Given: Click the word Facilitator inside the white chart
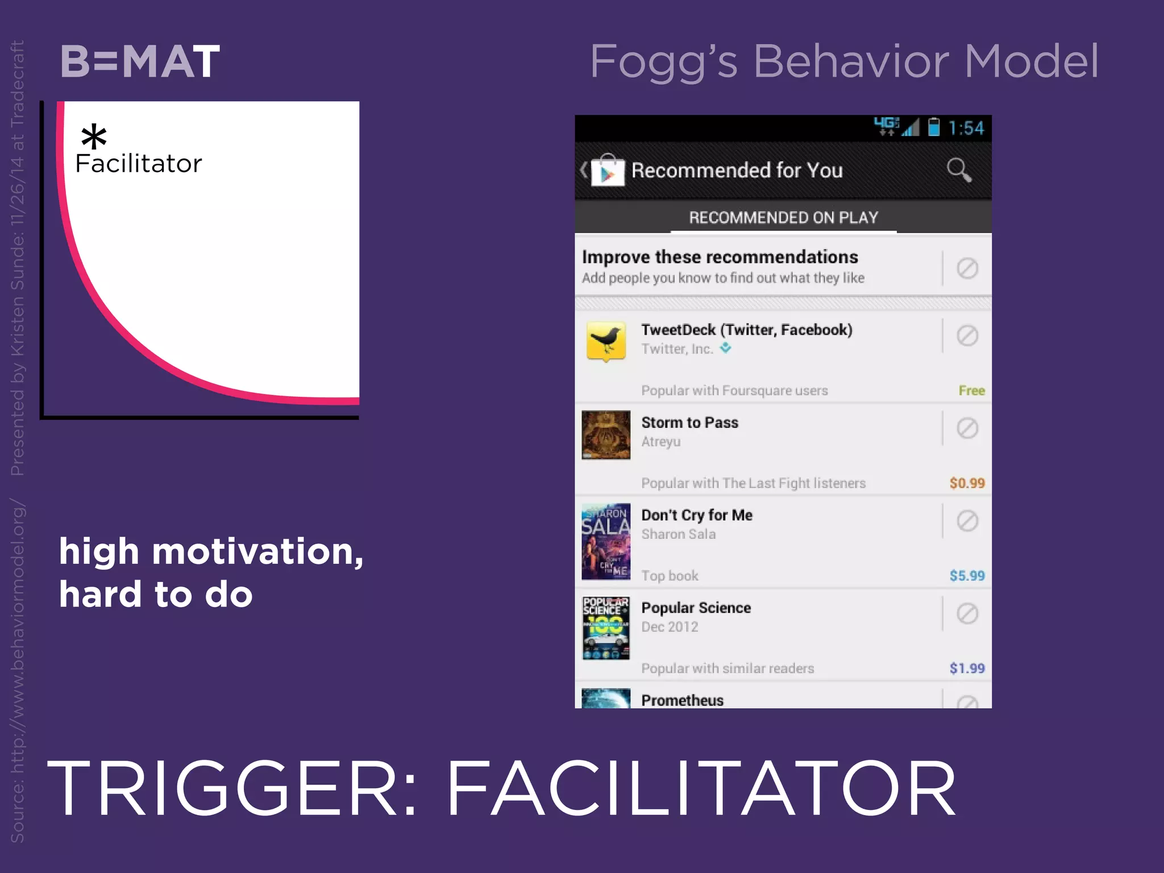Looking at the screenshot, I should click(139, 164).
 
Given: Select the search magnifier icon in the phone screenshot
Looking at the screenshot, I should click(959, 169).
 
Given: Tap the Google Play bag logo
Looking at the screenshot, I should click(607, 171).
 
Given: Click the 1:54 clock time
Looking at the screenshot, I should click(966, 128).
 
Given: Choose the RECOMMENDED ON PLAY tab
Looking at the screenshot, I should click(783, 218).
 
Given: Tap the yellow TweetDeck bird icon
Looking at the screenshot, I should click(606, 340).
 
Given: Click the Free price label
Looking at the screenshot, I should click(971, 390).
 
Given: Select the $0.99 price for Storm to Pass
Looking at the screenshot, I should click(967, 483).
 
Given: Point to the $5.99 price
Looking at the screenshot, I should click(967, 576).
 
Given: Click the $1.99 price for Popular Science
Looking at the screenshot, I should click(967, 668).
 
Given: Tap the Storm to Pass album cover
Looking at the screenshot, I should click(606, 435).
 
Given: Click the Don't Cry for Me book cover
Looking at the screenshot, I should click(606, 541).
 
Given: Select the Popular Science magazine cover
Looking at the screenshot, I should click(606, 628).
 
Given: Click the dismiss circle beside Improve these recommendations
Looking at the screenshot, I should click(967, 268).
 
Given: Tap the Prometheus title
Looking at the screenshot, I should click(682, 700).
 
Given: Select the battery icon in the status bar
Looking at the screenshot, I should click(933, 127).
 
